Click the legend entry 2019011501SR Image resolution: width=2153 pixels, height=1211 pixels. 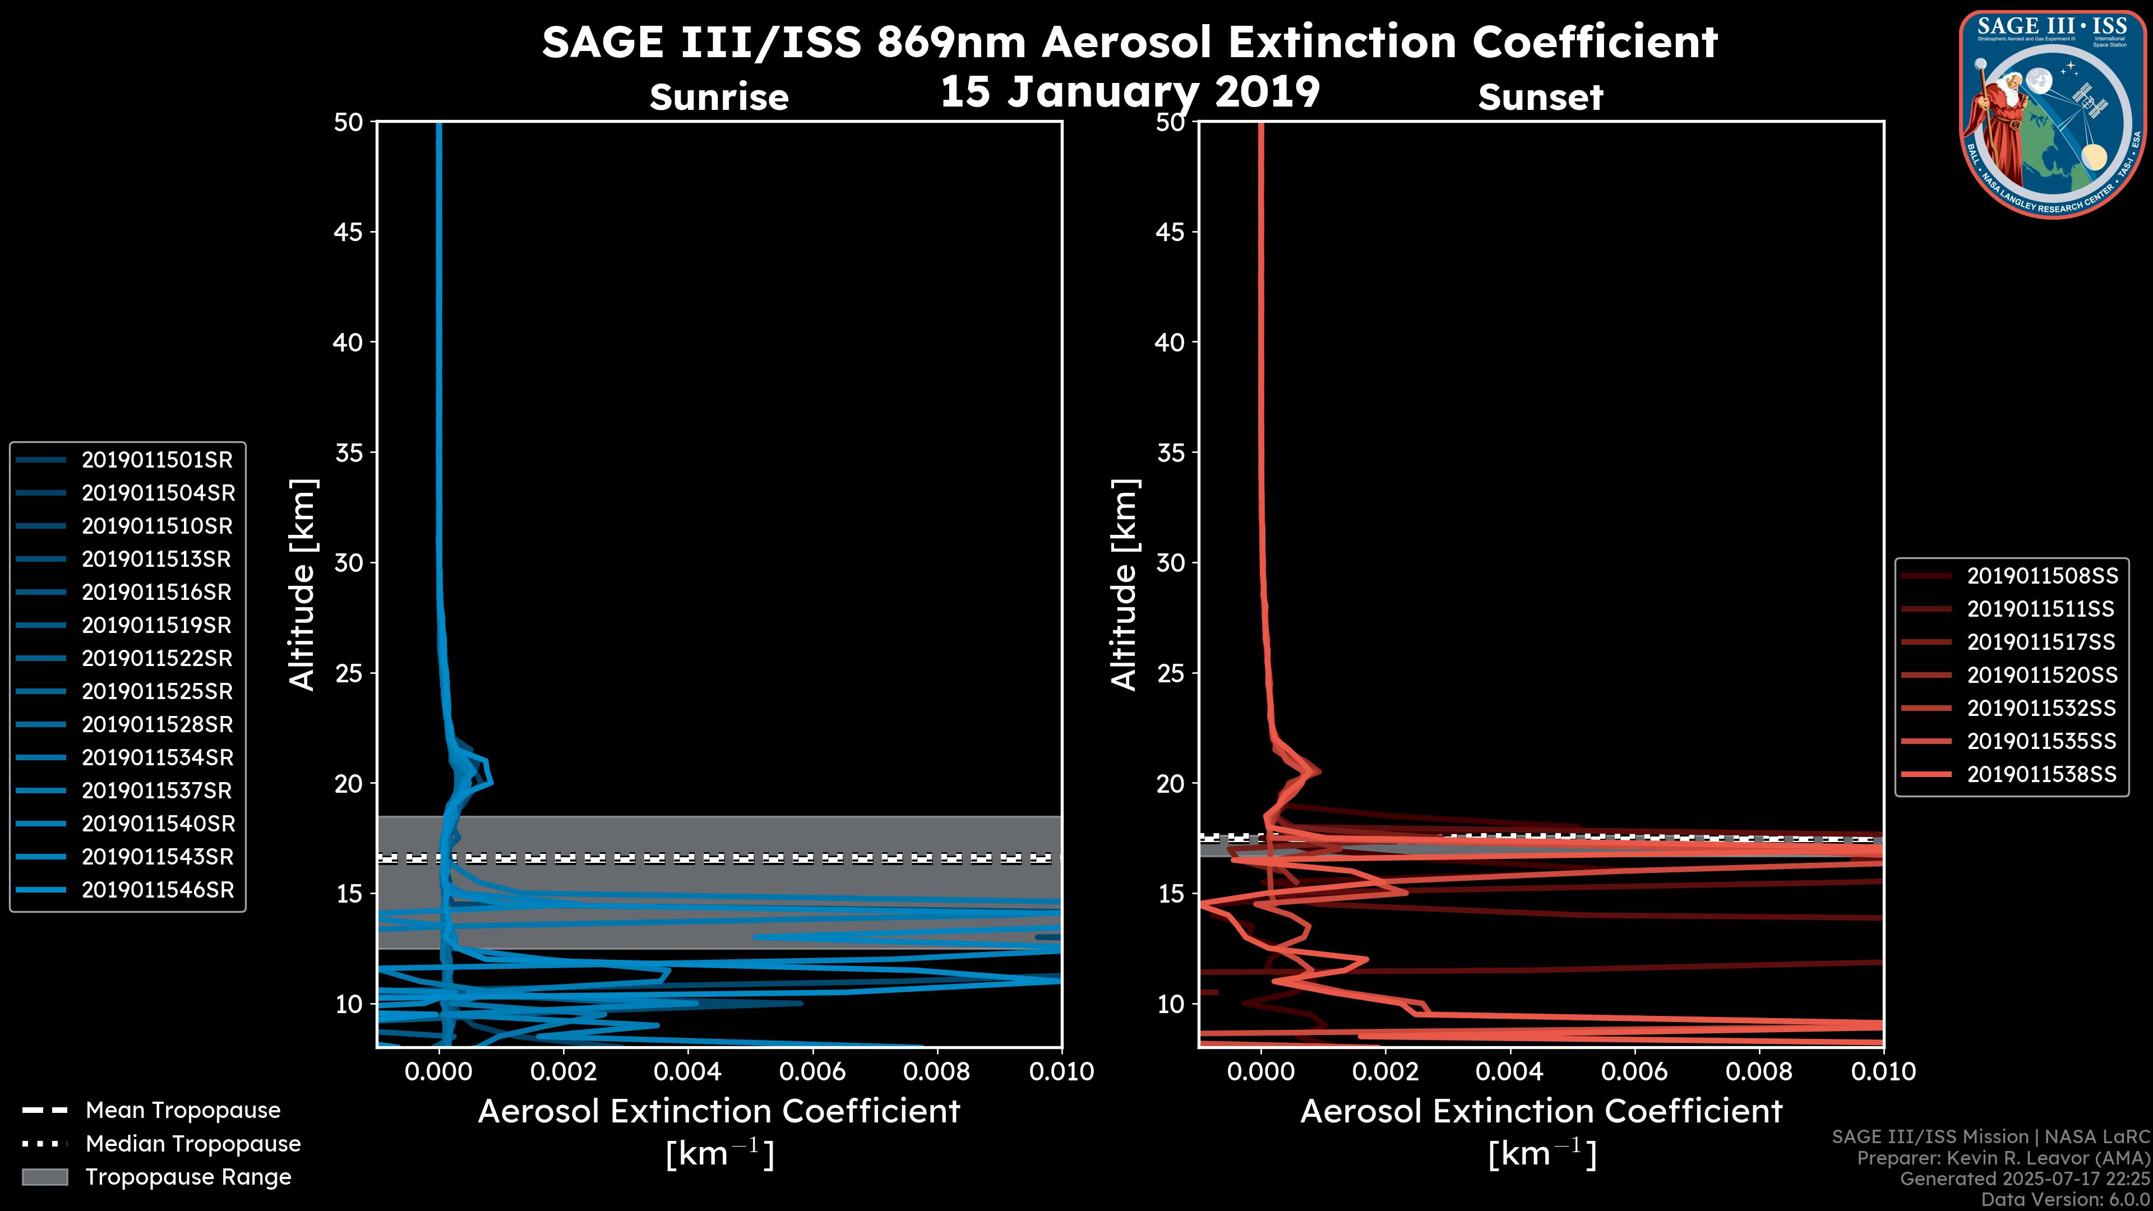[157, 460]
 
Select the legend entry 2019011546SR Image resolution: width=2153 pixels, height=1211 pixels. [157, 890]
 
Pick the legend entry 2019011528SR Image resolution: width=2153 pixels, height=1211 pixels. [157, 724]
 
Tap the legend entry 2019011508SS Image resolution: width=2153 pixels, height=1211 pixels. [2041, 576]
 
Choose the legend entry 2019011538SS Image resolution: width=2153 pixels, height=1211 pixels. [2041, 775]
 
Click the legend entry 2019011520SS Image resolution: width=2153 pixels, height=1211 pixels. [2041, 675]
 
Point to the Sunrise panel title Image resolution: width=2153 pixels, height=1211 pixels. [719, 97]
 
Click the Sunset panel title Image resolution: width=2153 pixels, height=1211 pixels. [1540, 97]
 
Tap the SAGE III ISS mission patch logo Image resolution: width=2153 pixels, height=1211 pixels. [2053, 114]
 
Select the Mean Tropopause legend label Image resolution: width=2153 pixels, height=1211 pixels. [183, 1111]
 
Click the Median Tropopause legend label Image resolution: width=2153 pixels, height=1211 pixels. [193, 1144]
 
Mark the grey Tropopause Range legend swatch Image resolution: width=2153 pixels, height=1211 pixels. [45, 1177]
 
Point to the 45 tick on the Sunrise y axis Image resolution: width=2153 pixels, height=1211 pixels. [349, 232]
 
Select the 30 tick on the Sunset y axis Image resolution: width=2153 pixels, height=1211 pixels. [1171, 563]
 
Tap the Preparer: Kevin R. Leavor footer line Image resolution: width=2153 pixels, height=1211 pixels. [2003, 1158]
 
